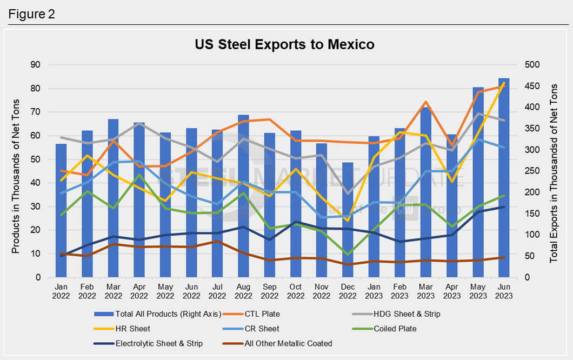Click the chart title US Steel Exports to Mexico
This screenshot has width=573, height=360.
(284, 44)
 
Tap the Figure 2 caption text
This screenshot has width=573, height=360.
(32, 14)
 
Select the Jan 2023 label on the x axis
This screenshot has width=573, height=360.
(374, 291)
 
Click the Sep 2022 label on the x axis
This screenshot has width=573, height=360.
(270, 291)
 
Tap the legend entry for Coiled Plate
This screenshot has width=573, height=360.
(395, 328)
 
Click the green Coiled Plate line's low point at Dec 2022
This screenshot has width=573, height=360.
(348, 255)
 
